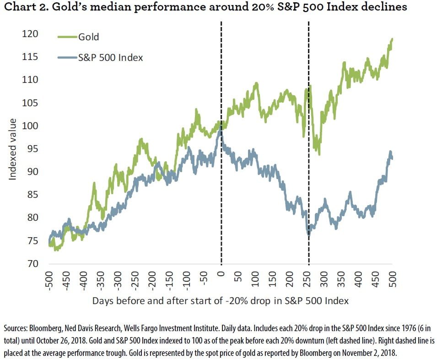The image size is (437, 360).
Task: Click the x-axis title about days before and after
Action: [221, 301]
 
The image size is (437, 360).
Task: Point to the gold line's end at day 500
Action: [393, 39]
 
